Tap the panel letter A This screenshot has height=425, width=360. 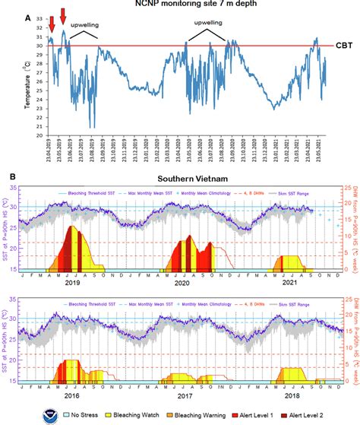coord(7,15)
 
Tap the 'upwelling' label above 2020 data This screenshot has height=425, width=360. coord(207,24)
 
